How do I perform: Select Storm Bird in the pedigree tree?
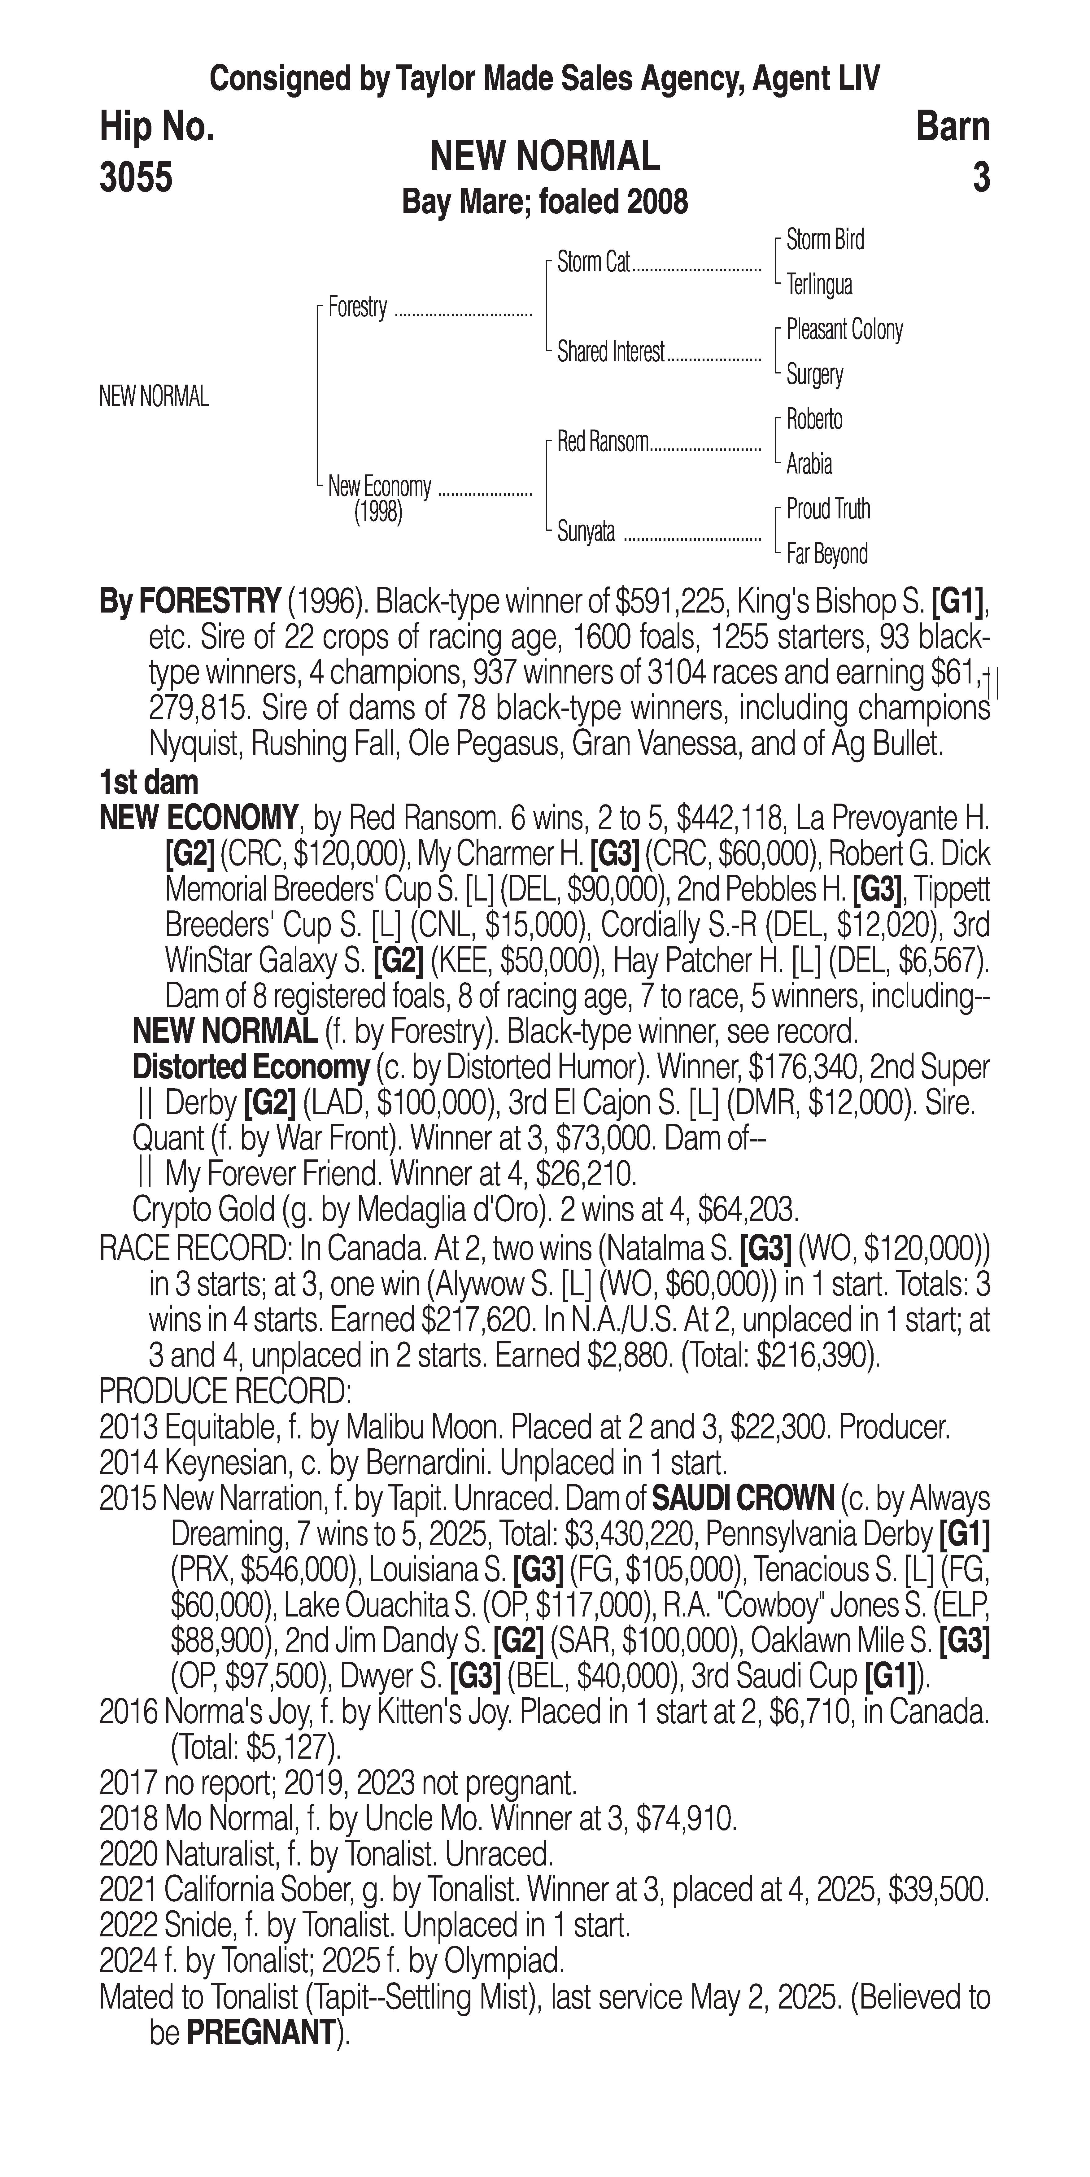point(825,240)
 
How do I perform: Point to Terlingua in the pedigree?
point(819,285)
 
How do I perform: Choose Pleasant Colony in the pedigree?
point(844,329)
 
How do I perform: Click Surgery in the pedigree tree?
point(814,374)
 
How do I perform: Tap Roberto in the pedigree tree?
point(814,419)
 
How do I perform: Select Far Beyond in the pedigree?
point(826,554)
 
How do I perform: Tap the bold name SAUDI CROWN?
point(743,1499)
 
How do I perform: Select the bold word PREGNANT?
point(260,2032)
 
